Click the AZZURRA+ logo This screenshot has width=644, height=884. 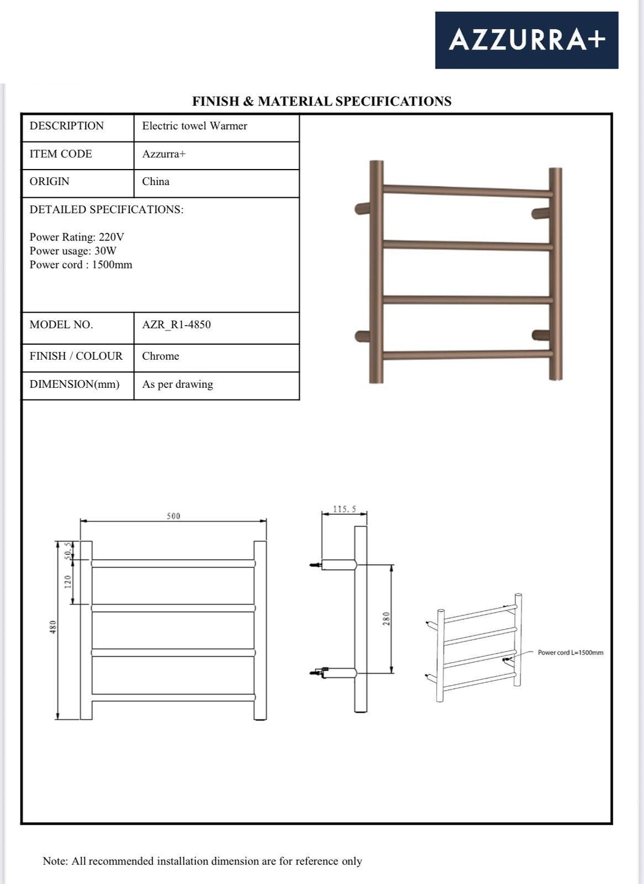click(526, 40)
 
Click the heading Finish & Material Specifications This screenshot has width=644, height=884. click(321, 101)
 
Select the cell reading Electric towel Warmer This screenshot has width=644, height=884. click(194, 126)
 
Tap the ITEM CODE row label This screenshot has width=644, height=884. click(61, 154)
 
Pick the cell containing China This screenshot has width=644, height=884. click(156, 182)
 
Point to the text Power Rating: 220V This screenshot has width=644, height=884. click(77, 237)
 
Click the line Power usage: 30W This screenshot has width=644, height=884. click(73, 251)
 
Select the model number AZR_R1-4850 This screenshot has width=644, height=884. click(176, 325)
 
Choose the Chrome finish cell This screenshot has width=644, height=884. click(160, 356)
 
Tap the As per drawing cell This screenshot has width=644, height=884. click(177, 385)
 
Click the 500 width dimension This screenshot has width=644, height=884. click(173, 516)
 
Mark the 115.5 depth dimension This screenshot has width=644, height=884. click(345, 509)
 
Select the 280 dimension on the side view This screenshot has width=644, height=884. click(387, 618)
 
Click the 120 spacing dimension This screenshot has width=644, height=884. click(68, 582)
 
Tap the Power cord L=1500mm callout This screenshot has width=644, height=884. click(570, 653)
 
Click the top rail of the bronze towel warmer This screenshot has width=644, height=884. click(467, 191)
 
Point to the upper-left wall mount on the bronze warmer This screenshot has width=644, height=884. click(362, 209)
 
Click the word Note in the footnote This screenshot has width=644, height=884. click(55, 861)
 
